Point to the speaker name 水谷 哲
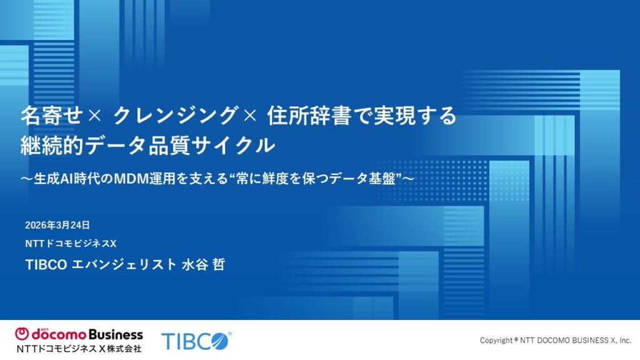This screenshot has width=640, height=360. pyautogui.click(x=202, y=264)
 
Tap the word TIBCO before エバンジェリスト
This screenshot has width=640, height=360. pyautogui.click(x=47, y=264)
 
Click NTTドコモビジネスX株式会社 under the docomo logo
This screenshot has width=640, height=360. pyautogui.click(x=79, y=348)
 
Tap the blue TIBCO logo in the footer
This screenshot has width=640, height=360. pyautogui.click(x=196, y=341)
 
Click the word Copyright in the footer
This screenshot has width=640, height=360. pyautogui.click(x=496, y=341)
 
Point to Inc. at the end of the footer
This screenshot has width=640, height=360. pyautogui.click(x=624, y=341)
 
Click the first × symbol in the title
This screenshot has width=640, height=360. pyautogui.click(x=94, y=116)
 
